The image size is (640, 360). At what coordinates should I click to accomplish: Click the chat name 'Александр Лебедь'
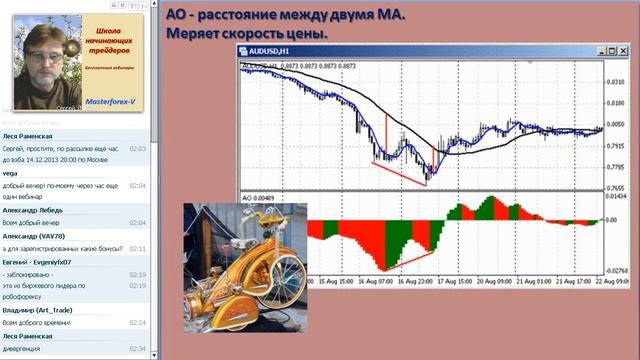pos(37,210)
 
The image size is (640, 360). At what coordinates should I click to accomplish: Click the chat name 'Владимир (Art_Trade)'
pos(43,310)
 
